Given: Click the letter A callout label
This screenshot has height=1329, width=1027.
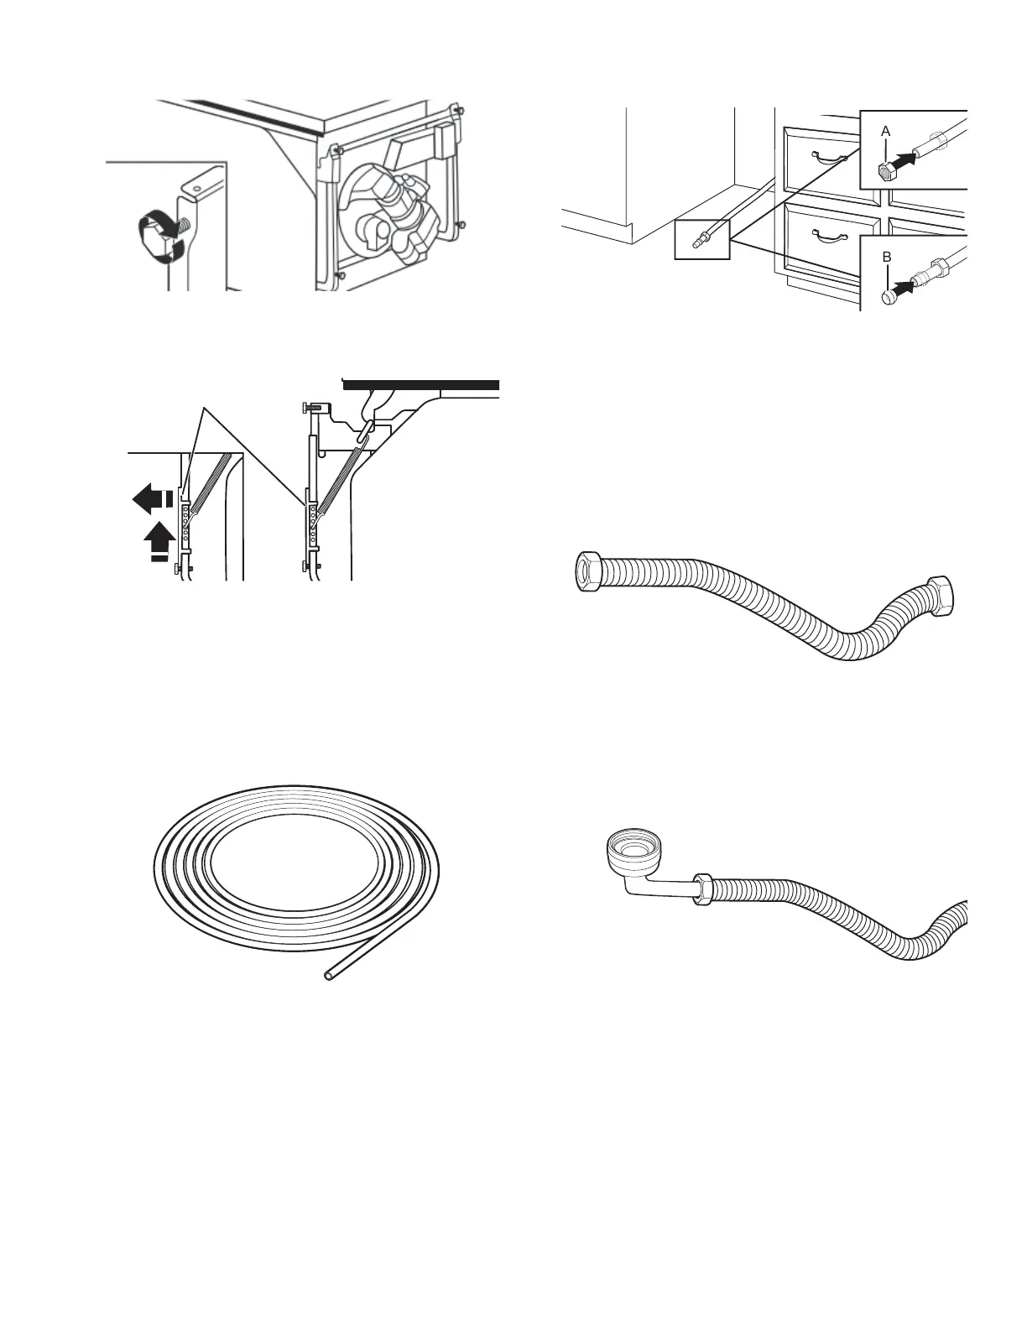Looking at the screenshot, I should (885, 132).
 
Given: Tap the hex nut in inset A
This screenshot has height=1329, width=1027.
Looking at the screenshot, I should (885, 172).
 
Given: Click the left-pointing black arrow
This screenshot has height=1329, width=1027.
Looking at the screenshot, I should (152, 501).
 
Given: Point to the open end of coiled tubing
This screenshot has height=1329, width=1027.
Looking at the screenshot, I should (329, 976).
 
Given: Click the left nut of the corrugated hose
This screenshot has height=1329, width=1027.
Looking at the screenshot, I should (592, 571).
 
